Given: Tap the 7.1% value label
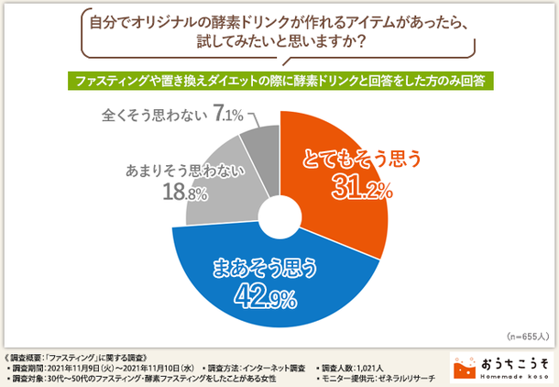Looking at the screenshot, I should pos(226,115).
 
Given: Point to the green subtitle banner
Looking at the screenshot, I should pos(279,80).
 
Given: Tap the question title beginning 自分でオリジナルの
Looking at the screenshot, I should pos(279,33).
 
